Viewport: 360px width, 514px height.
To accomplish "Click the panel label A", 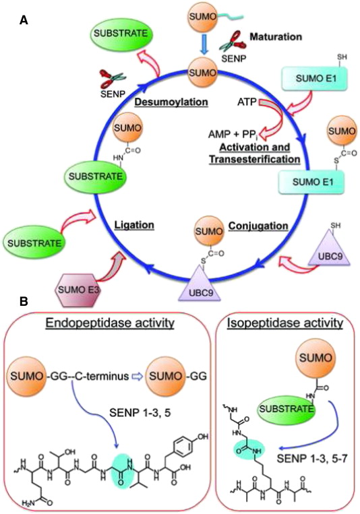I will point(24,21).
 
